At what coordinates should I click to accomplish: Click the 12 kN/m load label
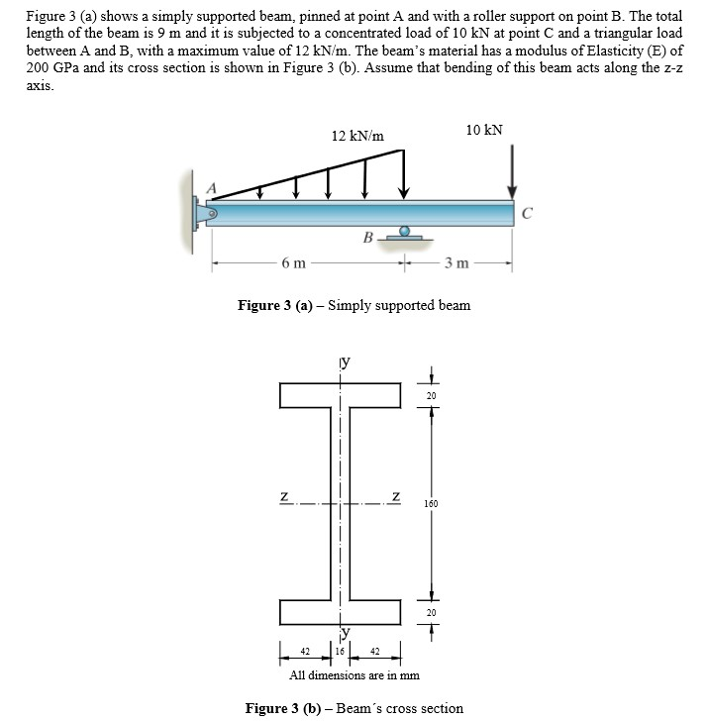tap(357, 135)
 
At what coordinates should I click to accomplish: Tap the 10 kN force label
tap(484, 130)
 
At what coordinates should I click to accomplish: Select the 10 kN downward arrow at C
tap(512, 172)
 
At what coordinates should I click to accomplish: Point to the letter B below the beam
tap(367, 237)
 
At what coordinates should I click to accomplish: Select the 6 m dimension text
tap(293, 262)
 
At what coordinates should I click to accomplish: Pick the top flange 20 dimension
tap(431, 396)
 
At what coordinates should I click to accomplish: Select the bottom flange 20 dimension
tap(431, 612)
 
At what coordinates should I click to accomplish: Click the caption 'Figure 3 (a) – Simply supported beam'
tap(354, 305)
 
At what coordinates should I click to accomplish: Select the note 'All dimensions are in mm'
tap(354, 675)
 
